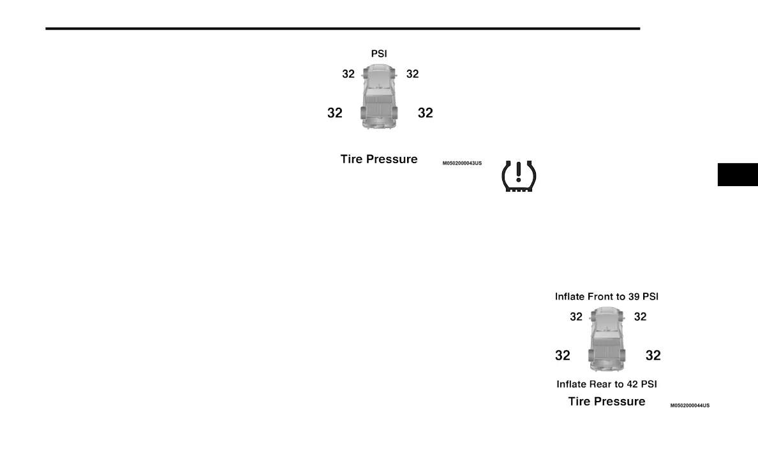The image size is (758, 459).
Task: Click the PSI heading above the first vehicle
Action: [379, 54]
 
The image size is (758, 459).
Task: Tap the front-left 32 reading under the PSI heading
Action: [348, 74]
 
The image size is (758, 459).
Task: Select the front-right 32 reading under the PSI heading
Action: [413, 74]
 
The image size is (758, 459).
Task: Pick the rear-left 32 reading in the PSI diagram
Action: [335, 113]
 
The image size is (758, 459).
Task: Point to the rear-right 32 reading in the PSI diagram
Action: [426, 113]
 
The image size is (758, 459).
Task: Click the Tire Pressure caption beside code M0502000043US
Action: [379, 159]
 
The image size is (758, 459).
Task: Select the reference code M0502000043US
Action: [462, 164]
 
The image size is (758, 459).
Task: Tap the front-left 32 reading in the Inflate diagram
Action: [576, 317]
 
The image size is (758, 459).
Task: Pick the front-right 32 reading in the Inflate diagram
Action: [640, 317]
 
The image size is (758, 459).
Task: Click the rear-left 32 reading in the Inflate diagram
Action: [563, 356]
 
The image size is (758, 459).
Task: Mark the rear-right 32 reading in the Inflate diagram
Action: [653, 356]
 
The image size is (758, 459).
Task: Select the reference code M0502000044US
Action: [690, 405]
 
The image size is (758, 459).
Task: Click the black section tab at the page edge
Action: [738, 175]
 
